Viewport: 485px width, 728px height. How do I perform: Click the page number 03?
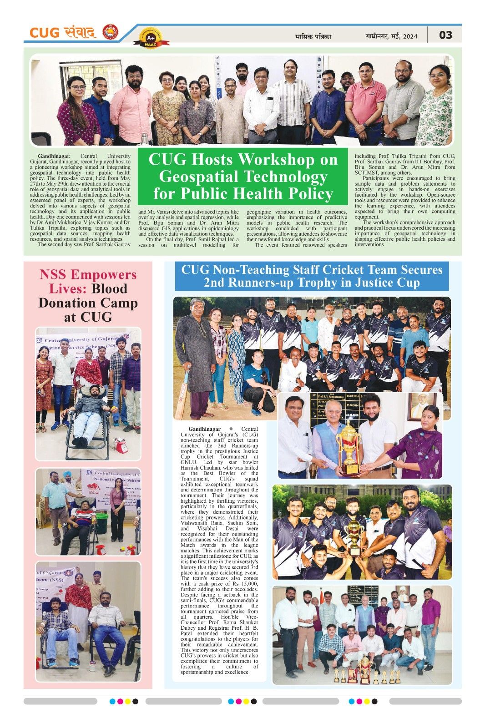(445, 35)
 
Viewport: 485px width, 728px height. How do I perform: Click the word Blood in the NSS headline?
(109, 288)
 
